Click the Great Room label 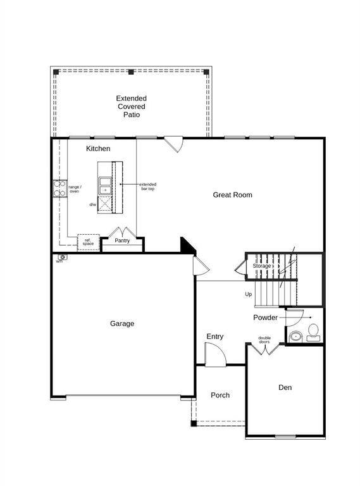[x=232, y=195]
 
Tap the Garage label [x=122, y=323]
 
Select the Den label [x=285, y=387]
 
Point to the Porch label [x=220, y=395]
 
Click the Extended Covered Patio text [x=131, y=106]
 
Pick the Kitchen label [x=98, y=149]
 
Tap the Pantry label [x=122, y=240]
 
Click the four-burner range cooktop [x=59, y=188]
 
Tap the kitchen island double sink [x=104, y=185]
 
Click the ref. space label [x=88, y=242]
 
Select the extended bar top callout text [x=148, y=187]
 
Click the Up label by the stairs [x=249, y=294]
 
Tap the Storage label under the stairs [x=262, y=266]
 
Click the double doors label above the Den [x=264, y=340]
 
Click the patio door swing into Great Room [x=173, y=145]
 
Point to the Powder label [x=266, y=317]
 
